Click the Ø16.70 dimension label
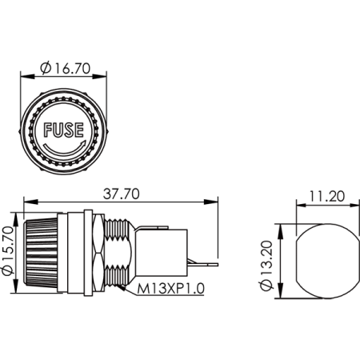coord(66,68)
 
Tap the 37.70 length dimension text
coord(121,194)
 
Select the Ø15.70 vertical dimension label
coord(8,250)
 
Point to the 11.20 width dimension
coord(327,197)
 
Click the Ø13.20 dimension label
coord(266,266)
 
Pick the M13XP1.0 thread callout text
coord(171,288)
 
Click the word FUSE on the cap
coord(64,130)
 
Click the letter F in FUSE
coord(48,130)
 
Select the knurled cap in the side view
coord(41,252)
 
